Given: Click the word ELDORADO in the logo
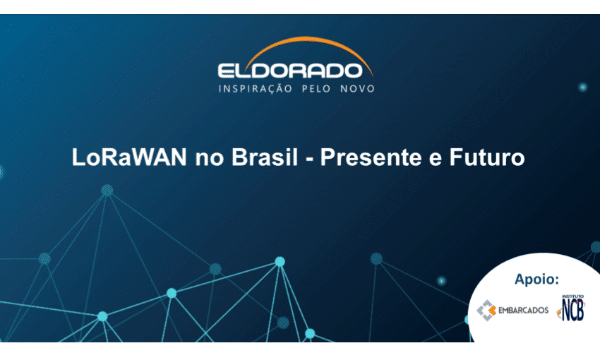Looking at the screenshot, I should tap(295, 70).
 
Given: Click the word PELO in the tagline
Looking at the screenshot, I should tap(320, 89).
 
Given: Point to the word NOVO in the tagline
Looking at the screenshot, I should tap(359, 89).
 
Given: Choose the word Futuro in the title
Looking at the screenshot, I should tap(488, 157).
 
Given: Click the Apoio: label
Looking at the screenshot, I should tap(536, 278).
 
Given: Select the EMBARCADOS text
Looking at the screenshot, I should tap(523, 311).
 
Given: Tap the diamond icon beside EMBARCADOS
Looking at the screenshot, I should tap(486, 311).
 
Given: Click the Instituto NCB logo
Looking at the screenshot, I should tap(572, 308).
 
